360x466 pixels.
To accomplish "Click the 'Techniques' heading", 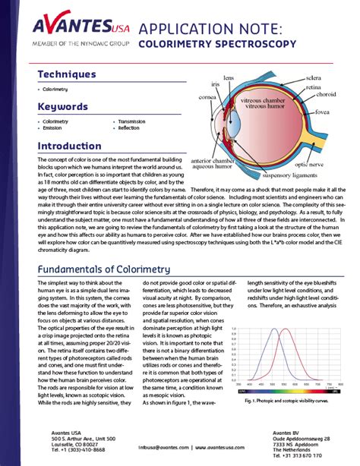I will pos(68,74).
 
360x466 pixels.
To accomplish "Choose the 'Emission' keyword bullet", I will pos(54,128).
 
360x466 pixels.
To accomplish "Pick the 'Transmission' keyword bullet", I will pos(133,121).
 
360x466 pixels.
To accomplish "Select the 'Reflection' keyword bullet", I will pos(130,128).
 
